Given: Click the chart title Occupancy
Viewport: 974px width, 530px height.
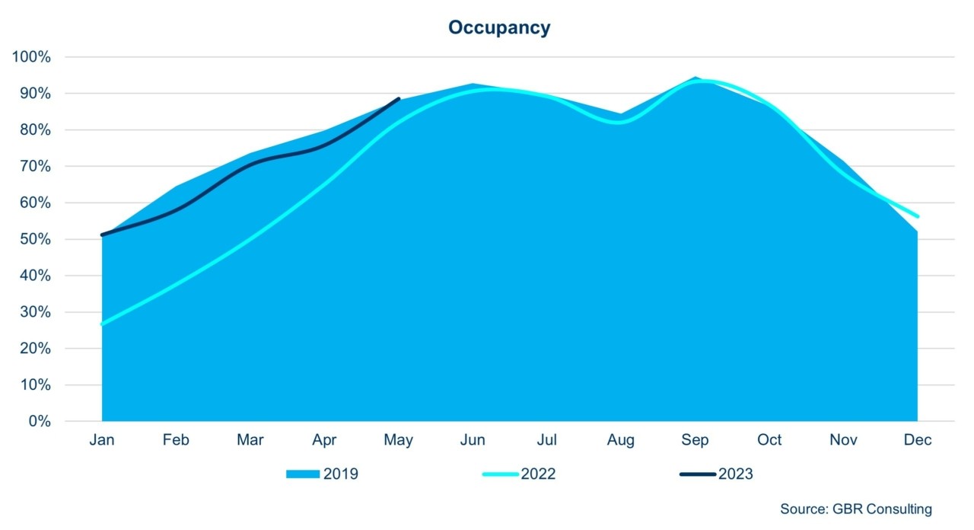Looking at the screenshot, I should (498, 28).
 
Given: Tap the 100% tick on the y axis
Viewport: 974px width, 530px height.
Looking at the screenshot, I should (31, 57).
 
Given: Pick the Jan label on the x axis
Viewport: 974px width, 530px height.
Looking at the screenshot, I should (102, 440).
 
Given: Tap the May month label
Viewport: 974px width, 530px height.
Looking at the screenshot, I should (399, 440).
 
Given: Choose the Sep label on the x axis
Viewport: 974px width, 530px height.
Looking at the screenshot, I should (695, 440).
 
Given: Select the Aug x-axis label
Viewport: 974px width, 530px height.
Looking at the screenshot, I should (621, 440).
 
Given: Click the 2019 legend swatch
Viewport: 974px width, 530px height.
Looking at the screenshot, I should (303, 474).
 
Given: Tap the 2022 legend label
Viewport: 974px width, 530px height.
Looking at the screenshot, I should (538, 474).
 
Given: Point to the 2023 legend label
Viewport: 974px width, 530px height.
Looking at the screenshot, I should (735, 474).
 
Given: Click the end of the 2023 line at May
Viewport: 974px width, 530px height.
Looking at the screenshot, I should (399, 98).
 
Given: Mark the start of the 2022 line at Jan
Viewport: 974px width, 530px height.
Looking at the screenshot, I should (102, 324).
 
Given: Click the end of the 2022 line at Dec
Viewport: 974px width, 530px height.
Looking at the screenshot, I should (918, 216).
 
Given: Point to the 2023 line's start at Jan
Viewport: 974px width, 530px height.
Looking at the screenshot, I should (102, 235).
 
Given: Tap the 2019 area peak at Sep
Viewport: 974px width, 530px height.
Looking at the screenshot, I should (695, 77).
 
